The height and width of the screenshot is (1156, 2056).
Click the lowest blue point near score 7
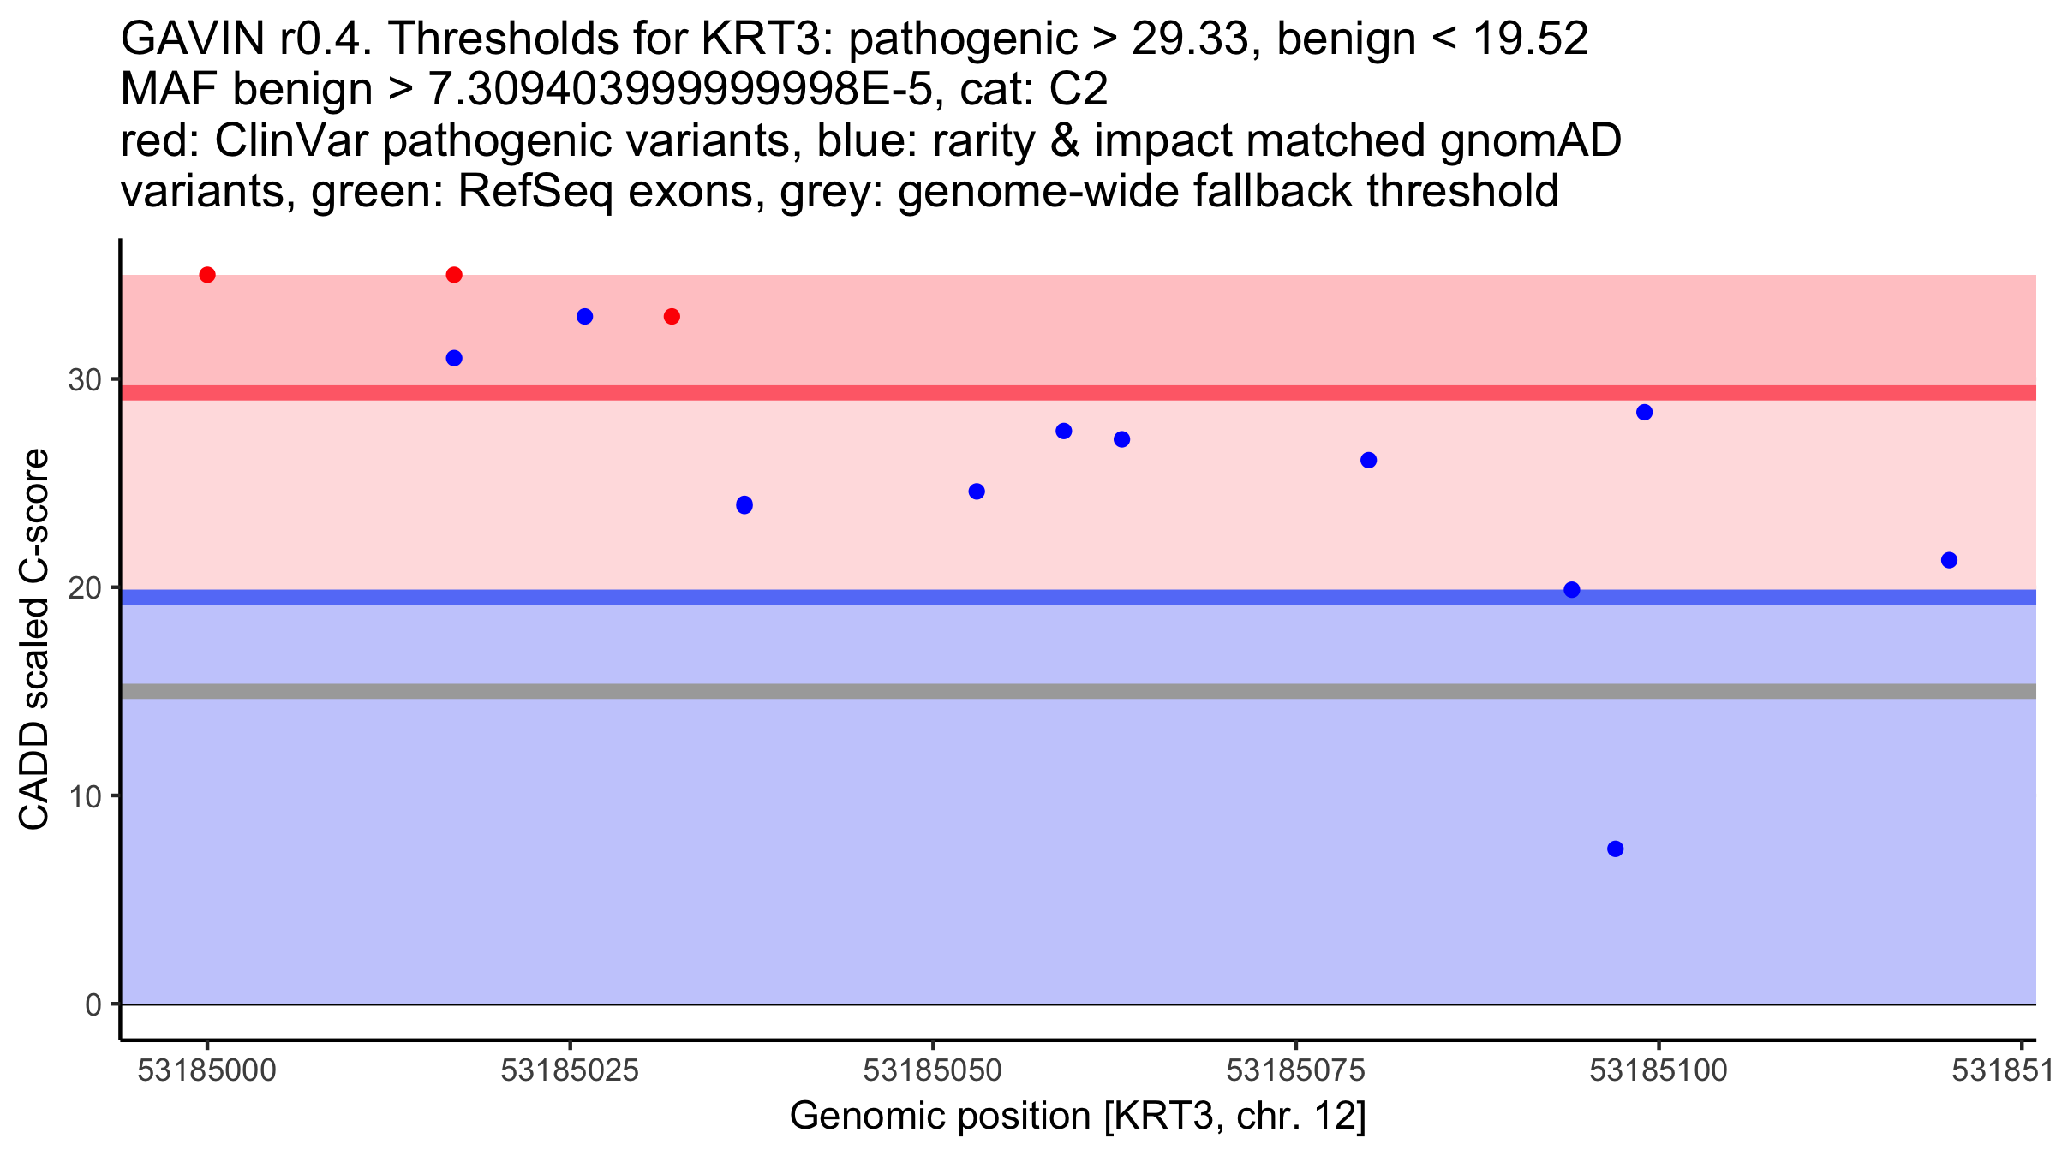(1615, 849)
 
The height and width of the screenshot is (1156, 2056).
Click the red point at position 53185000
(207, 275)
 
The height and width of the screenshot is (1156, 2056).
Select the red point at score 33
(672, 317)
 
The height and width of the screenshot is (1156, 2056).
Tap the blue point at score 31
(454, 358)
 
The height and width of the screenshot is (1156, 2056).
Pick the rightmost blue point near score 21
(1949, 560)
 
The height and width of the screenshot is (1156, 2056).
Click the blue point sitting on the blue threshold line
(1572, 590)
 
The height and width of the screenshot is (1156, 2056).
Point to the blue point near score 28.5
(1644, 413)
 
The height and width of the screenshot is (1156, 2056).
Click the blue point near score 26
(1369, 461)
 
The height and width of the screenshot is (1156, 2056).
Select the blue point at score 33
(585, 317)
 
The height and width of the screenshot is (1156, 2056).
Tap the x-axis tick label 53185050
(932, 1070)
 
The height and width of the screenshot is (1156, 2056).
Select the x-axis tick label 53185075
(1295, 1070)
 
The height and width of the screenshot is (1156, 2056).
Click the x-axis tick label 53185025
(570, 1070)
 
